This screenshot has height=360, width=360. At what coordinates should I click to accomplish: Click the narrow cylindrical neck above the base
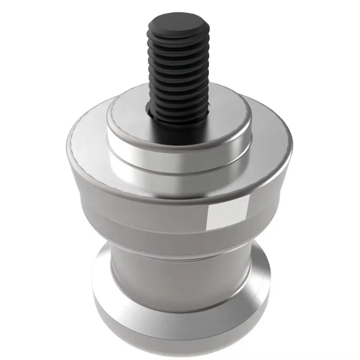tap(180, 265)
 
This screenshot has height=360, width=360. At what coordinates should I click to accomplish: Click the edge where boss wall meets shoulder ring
tap(180, 172)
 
